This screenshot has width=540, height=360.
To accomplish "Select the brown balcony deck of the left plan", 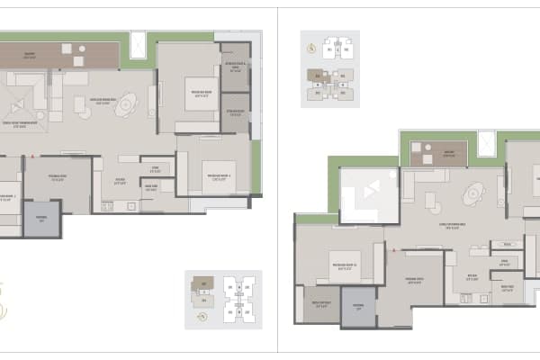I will click(58, 56).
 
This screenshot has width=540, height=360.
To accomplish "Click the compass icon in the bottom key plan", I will click(203, 316).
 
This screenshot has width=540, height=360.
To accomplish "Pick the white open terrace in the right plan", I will click(369, 193).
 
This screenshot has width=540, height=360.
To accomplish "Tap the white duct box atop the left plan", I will click(140, 44).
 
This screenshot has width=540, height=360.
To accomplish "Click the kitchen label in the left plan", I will click(119, 177).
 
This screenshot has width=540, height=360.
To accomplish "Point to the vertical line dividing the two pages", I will click(277, 180).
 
